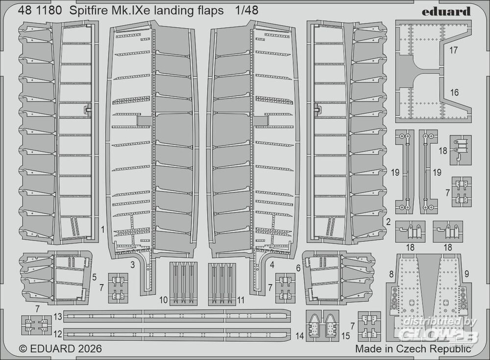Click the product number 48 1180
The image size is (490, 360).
(x=40, y=11)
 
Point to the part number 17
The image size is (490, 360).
(x=453, y=51)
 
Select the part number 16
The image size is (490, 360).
(x=454, y=93)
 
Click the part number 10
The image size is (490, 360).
(x=164, y=300)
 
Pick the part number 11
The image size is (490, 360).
(x=240, y=300)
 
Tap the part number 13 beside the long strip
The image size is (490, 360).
(x=58, y=317)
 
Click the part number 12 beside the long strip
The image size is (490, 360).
(x=58, y=334)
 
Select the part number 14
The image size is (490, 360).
(x=299, y=336)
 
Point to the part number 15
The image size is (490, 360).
(x=345, y=336)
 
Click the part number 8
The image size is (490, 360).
(x=391, y=275)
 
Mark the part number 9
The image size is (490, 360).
(x=466, y=275)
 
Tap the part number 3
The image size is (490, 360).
(x=132, y=265)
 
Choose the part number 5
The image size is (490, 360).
(x=94, y=277)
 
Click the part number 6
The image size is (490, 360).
(x=298, y=268)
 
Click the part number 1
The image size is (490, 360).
(x=103, y=230)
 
